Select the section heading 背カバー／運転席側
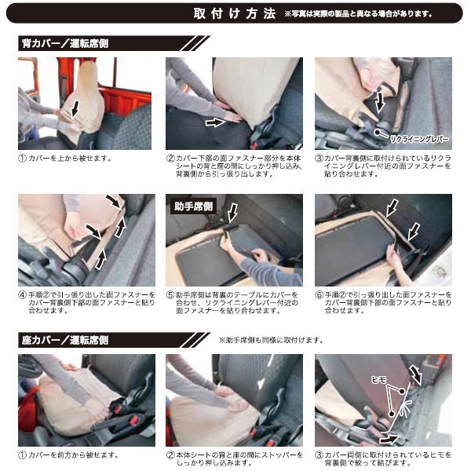pos(64,44)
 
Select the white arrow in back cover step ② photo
pos(214,123)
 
